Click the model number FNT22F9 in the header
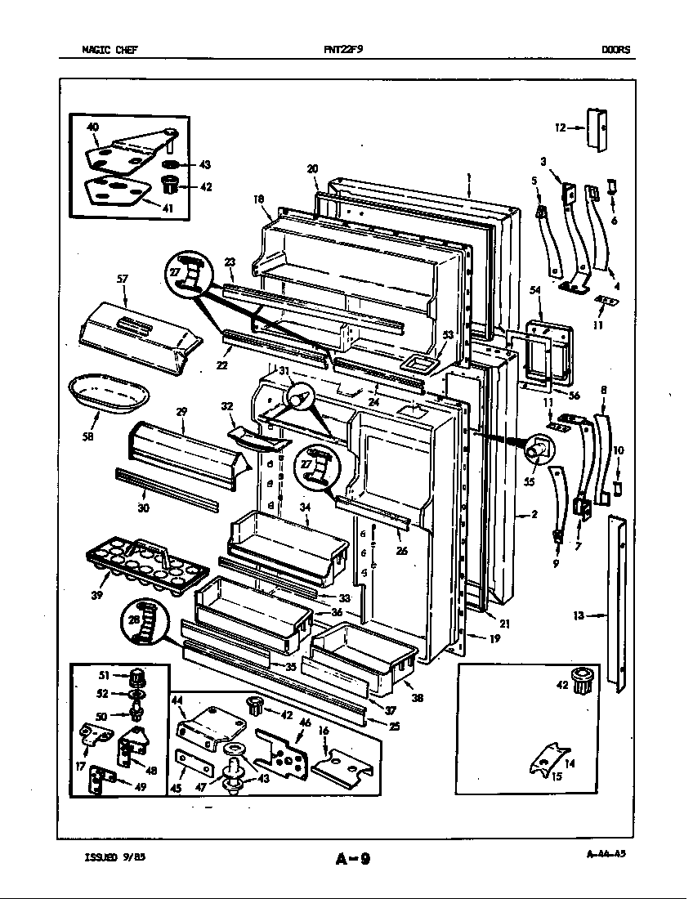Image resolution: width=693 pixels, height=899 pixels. [342, 49]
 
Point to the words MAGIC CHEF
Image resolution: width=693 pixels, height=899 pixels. [110, 49]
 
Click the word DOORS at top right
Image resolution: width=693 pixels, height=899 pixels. [615, 49]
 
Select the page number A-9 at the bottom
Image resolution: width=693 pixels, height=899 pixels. [353, 858]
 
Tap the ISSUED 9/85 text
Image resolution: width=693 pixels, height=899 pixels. [114, 857]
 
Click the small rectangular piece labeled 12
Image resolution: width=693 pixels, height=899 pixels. [597, 128]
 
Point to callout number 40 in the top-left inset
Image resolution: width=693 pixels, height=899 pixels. [92, 127]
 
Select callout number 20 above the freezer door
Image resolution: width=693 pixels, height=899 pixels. [312, 169]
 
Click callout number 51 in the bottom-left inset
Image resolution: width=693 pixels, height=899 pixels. [103, 675]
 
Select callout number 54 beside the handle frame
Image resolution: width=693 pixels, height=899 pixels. [535, 290]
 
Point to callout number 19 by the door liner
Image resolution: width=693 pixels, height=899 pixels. [495, 638]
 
